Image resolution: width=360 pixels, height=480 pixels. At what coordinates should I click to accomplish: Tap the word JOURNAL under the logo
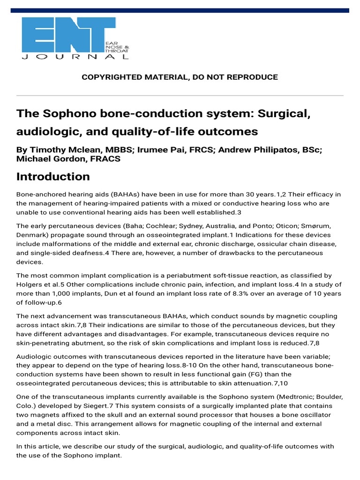(75, 57)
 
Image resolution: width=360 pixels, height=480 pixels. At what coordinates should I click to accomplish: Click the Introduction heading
(53, 177)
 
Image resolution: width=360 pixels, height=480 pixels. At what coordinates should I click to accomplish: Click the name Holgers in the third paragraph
(30, 285)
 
